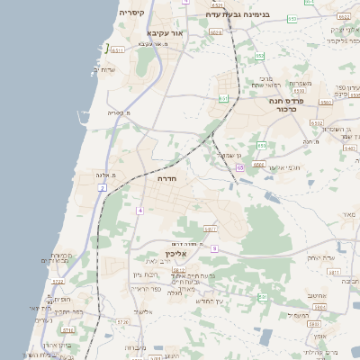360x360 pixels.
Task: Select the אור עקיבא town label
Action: pos(165,32)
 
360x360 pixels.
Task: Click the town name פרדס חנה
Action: pos(289,102)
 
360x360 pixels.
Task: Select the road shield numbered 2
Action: pos(103,187)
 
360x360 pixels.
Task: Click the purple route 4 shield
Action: pos(140,210)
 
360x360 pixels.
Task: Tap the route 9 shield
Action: pos(214,247)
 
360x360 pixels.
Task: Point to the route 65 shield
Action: pos(239,167)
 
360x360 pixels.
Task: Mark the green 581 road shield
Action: pos(263,296)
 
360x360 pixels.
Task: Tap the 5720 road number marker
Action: pos(122,320)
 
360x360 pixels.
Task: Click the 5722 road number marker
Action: pos(58,282)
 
